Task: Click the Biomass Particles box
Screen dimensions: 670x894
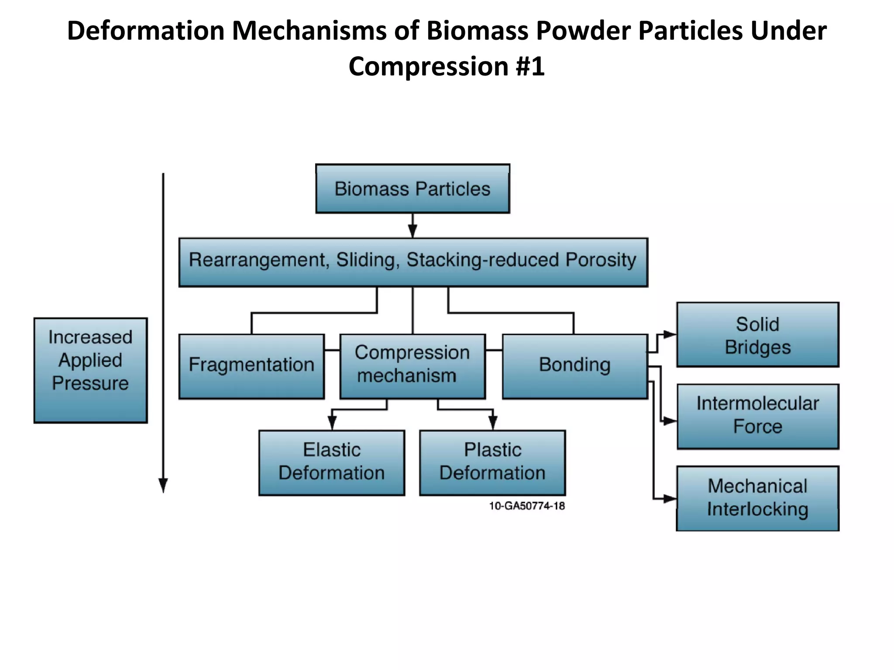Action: coord(413,189)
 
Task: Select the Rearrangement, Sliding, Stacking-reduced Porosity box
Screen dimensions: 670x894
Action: coord(413,262)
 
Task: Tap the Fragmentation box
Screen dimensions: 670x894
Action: coord(251,366)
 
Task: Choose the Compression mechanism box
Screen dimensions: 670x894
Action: coord(412,366)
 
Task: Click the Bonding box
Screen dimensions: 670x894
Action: coord(574,366)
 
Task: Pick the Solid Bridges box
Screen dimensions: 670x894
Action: coord(757,335)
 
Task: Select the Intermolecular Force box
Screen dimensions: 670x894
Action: coord(757,416)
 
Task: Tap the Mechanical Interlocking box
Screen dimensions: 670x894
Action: coord(757,498)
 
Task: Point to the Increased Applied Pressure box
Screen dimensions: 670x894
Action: coord(90,370)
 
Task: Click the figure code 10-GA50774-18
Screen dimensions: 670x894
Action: coord(526,506)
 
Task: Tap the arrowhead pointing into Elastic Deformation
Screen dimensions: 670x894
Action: coord(332,423)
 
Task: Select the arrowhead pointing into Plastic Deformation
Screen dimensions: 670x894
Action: coord(493,423)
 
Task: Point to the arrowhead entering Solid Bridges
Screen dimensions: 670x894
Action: coord(670,335)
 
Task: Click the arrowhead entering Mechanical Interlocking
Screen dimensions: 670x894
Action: coord(670,498)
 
